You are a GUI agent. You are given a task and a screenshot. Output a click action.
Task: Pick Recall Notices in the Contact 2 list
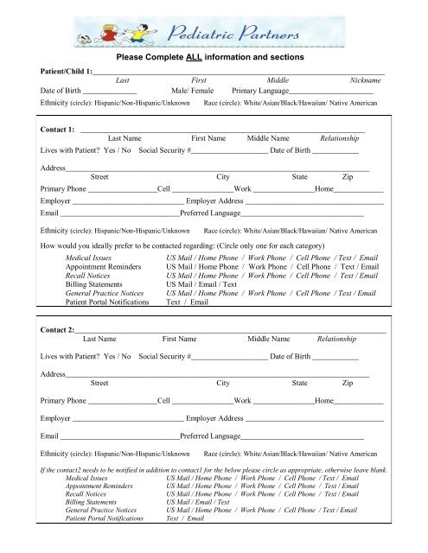[86, 493]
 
